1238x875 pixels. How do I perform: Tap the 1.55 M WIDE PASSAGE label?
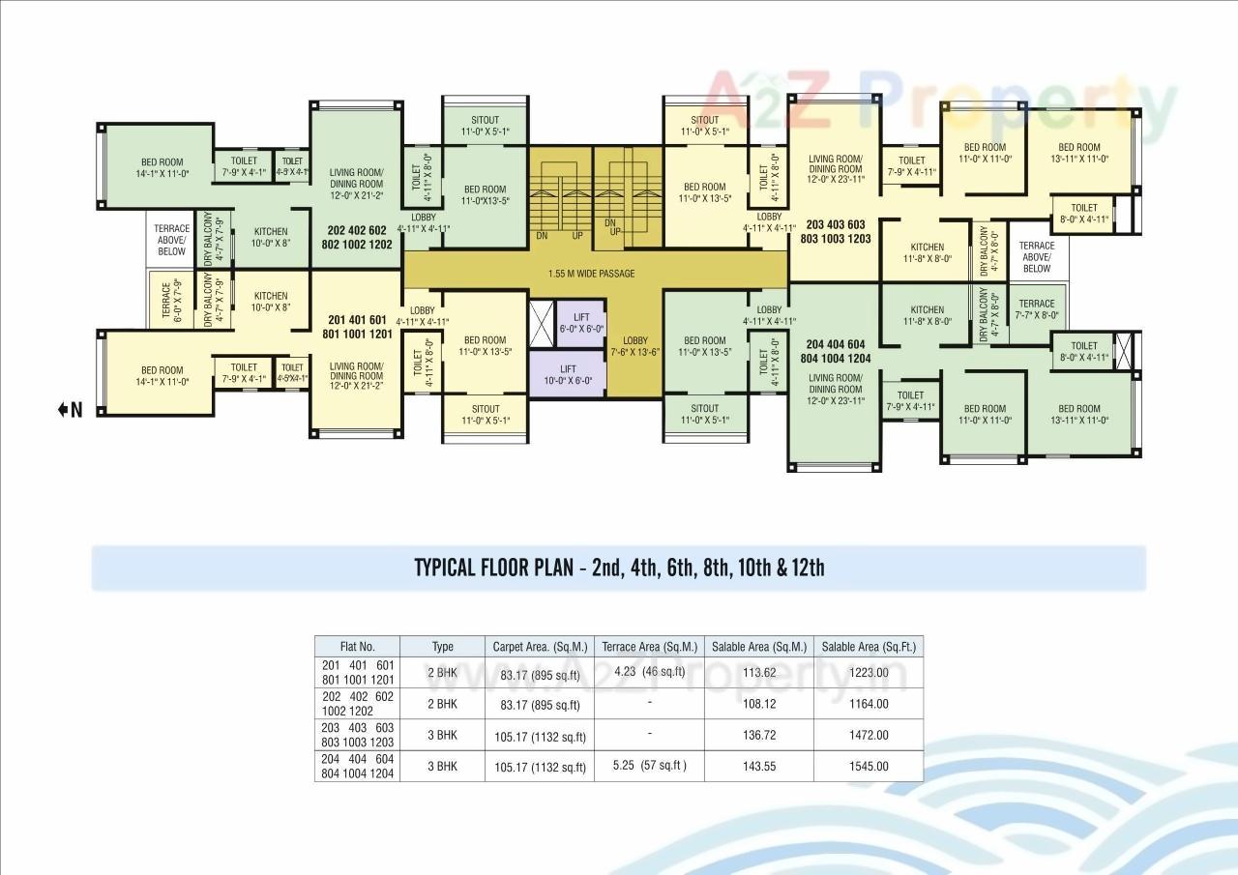(590, 274)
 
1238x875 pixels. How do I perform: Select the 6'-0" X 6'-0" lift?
(581, 323)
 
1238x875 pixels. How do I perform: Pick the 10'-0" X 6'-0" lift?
(568, 374)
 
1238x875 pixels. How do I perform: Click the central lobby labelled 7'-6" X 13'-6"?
(635, 346)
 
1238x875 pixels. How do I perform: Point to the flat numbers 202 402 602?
(357, 231)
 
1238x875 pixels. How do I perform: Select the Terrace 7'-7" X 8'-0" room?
(1036, 308)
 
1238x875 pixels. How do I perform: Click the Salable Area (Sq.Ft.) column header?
(868, 647)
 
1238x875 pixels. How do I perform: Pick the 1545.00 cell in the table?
(868, 767)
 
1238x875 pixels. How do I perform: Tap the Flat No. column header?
(357, 647)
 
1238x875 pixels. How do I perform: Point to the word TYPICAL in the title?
(446, 568)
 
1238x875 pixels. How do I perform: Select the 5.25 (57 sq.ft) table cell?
(650, 766)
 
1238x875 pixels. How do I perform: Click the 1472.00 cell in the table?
(868, 735)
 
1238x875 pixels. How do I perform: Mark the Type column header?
(443, 647)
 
